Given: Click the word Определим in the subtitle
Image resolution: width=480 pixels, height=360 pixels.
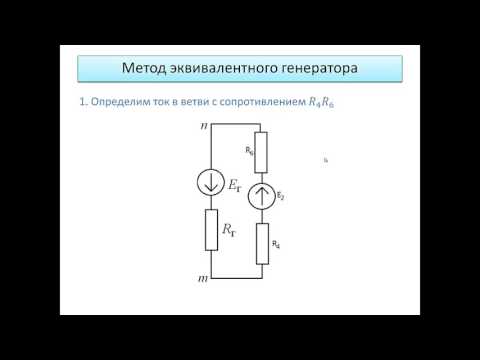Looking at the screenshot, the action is pyautogui.click(x=122, y=103).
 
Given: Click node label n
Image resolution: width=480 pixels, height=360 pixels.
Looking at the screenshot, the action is pyautogui.click(x=204, y=127).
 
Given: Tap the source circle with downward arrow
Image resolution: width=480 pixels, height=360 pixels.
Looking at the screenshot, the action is pyautogui.click(x=211, y=183).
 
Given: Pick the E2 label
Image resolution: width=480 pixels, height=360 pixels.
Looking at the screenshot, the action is pyautogui.click(x=280, y=196).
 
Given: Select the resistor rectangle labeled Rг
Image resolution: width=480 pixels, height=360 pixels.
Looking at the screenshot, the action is pyautogui.click(x=211, y=229).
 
